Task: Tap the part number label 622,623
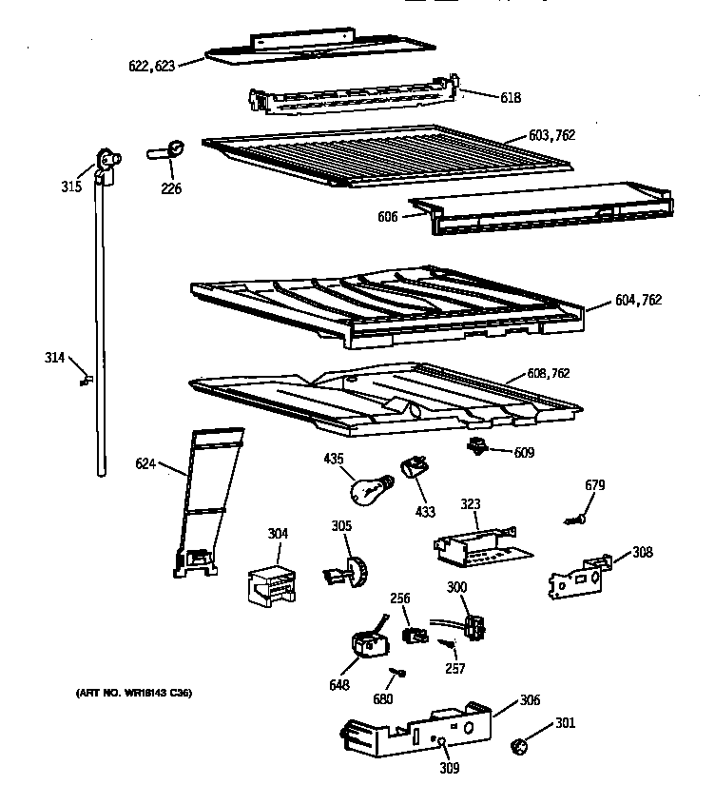[x=151, y=67]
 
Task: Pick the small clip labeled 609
[x=477, y=446]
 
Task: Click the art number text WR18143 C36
[x=133, y=693]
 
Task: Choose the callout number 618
[x=511, y=97]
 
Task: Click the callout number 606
[x=387, y=217]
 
